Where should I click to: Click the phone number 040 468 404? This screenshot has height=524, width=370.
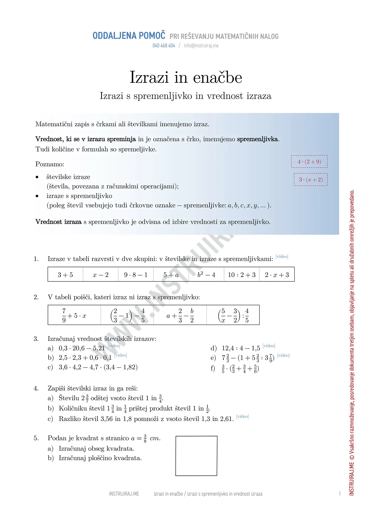click(164, 46)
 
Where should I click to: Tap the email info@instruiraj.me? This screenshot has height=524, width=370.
click(201, 46)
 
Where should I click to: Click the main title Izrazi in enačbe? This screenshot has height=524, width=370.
click(186, 77)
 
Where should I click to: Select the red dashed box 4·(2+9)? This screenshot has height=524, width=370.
click(309, 162)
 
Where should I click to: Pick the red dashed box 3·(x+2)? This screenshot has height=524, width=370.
click(311, 180)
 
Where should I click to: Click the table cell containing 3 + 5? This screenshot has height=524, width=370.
click(65, 275)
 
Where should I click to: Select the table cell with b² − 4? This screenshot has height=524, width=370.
click(206, 275)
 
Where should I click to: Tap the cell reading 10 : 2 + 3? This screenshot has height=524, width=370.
click(241, 275)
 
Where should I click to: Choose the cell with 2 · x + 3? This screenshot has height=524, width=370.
click(277, 275)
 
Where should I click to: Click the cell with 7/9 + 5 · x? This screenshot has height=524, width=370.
click(74, 315)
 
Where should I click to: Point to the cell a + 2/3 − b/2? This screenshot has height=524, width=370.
click(180, 315)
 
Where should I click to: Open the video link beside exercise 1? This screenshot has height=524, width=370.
click(282, 256)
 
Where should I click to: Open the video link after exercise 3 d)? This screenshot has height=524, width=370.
click(269, 346)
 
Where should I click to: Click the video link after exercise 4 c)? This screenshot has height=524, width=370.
click(242, 416)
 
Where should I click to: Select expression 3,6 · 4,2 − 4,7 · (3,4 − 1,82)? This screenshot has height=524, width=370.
click(98, 367)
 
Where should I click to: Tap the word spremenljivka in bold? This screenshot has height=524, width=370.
click(257, 139)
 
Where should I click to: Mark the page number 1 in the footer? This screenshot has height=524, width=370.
click(340, 494)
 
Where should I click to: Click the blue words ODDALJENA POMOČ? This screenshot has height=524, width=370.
click(129, 36)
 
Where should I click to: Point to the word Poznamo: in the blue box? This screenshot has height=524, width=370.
click(50, 164)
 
